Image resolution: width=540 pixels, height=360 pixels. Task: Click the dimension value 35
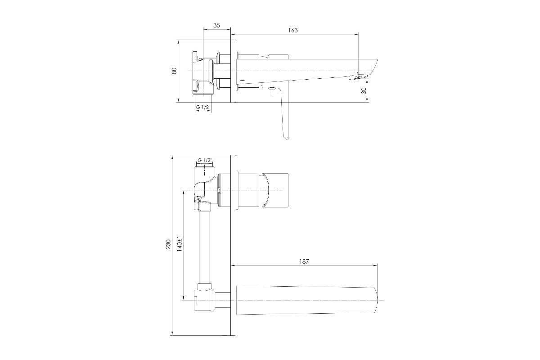pyautogui.click(x=217, y=25)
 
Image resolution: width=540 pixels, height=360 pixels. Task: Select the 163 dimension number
pyautogui.click(x=293, y=30)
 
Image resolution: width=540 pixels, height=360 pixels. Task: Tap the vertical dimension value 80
pyautogui.click(x=174, y=71)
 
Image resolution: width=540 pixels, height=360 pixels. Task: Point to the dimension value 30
pyautogui.click(x=364, y=90)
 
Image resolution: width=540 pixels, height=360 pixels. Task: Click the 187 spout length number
pyautogui.click(x=304, y=261)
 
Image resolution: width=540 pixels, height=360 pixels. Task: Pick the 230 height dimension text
pyautogui.click(x=168, y=244)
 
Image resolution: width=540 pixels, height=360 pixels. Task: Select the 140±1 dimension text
pyautogui.click(x=180, y=244)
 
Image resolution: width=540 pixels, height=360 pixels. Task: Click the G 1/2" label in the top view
pyautogui.click(x=203, y=107)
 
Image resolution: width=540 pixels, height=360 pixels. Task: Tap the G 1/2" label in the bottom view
pyautogui.click(x=205, y=160)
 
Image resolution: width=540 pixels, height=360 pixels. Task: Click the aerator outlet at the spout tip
pyautogui.click(x=359, y=77)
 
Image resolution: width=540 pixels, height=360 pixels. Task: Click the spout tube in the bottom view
pyautogui.click(x=306, y=300)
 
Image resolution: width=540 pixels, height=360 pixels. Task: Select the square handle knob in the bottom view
pyautogui.click(x=275, y=190)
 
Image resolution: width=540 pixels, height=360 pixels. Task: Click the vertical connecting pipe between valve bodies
pyautogui.click(x=204, y=247)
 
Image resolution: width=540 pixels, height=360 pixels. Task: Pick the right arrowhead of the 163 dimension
pyautogui.click(x=356, y=35)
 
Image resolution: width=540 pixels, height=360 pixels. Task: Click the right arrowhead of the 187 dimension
pyautogui.click(x=375, y=265)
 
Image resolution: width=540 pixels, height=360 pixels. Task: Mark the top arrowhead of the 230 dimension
pyautogui.click(x=172, y=157)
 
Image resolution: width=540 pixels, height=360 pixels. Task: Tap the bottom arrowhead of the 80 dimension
pyautogui.click(x=178, y=100)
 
